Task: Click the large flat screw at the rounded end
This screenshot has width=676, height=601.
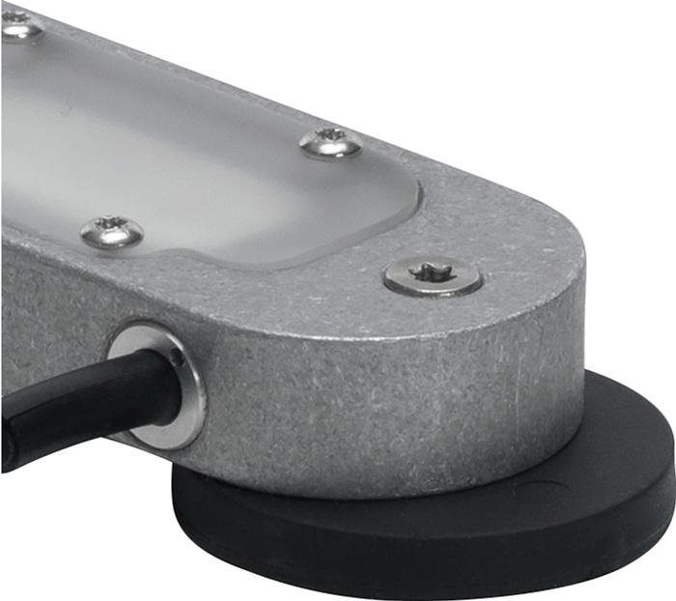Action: (432, 278)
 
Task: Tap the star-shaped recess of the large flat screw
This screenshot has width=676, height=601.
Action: (432, 274)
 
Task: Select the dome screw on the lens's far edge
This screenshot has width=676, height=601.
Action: (330, 143)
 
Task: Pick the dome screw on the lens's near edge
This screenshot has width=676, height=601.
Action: (111, 231)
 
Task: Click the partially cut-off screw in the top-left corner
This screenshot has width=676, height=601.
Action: (19, 24)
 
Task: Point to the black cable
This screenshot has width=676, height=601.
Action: (77, 396)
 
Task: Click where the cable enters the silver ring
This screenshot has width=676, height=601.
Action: (159, 382)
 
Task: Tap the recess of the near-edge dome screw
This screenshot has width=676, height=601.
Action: (111, 228)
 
